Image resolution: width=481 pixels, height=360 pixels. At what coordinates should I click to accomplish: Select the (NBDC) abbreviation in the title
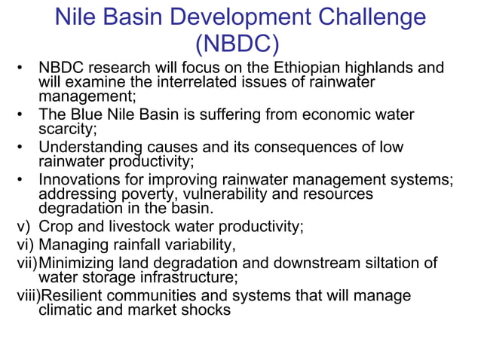[240, 44]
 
